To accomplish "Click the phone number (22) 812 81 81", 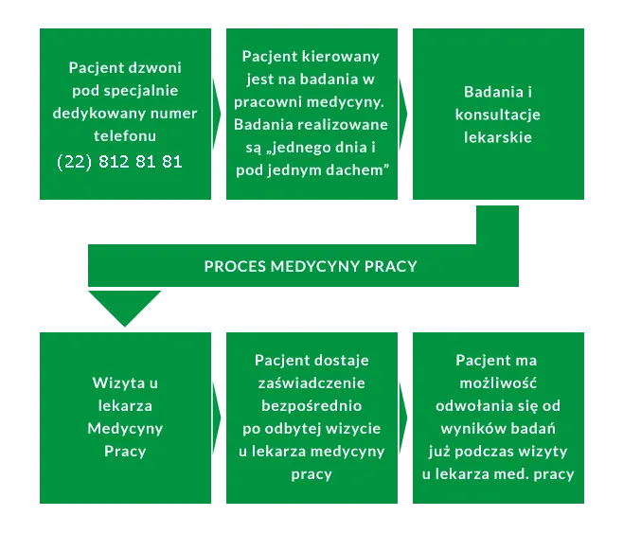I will pyautogui.click(x=120, y=162).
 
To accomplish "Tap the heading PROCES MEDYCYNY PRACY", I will pyautogui.click(x=311, y=266).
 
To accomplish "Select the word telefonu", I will pyautogui.click(x=125, y=137).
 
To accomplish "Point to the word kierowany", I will pyautogui.click(x=345, y=57).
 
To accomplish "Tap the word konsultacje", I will pyautogui.click(x=497, y=115).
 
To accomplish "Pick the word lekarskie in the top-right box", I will pyautogui.click(x=497, y=137).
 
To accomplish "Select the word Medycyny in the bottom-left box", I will pyautogui.click(x=125, y=428).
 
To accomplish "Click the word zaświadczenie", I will pyautogui.click(x=311, y=383).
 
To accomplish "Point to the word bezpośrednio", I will pyautogui.click(x=311, y=405).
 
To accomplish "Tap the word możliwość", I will pyautogui.click(x=497, y=383).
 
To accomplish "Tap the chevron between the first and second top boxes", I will pyautogui.click(x=217, y=115).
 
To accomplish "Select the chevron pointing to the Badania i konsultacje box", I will pyautogui.click(x=404, y=115).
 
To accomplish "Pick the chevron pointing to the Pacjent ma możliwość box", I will pyautogui.click(x=404, y=417).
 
